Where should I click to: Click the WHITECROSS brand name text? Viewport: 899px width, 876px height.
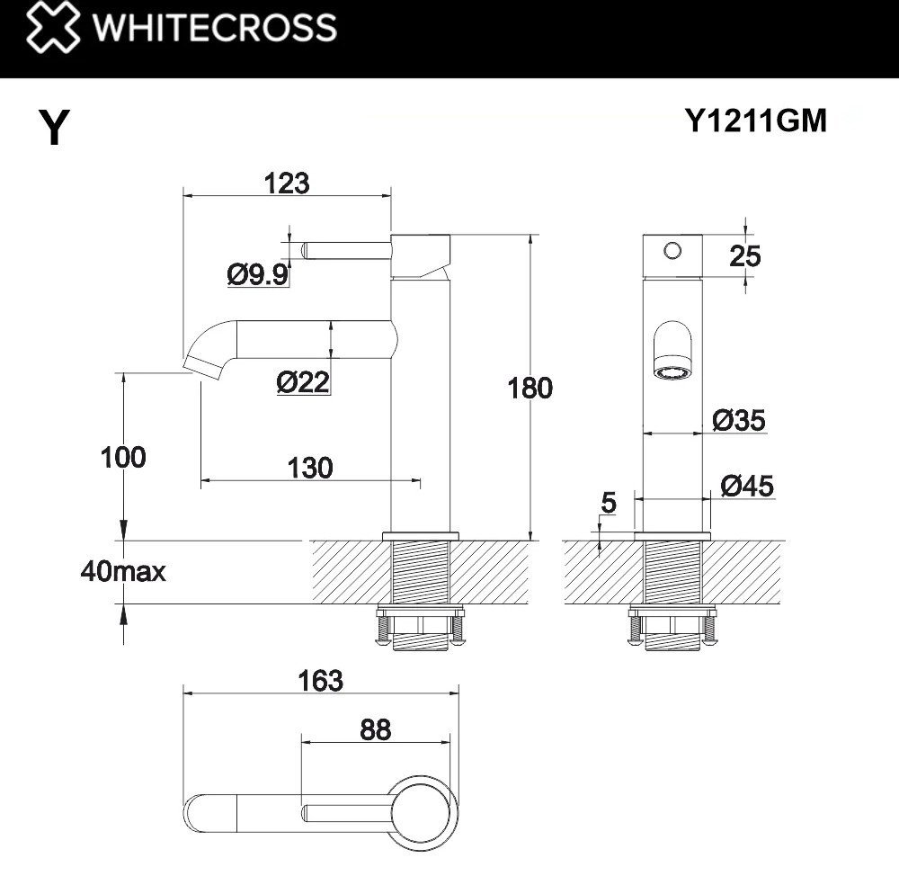216,28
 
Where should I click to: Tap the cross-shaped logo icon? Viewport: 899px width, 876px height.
50,28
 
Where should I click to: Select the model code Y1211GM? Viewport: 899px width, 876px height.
755,121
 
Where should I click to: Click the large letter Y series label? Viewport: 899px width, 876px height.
55,129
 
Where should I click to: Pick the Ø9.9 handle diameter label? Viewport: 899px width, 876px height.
257,273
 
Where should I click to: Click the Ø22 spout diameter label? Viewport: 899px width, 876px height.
303,383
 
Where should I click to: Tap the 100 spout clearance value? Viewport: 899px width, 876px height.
123,457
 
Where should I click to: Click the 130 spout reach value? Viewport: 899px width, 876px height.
310,468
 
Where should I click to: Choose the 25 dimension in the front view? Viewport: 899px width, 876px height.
745,256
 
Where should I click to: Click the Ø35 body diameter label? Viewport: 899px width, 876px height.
739,420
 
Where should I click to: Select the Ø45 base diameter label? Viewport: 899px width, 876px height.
747,487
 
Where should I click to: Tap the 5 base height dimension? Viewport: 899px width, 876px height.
609,503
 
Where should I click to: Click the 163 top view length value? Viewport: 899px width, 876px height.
321,681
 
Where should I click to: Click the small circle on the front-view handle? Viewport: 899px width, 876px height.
673,249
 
